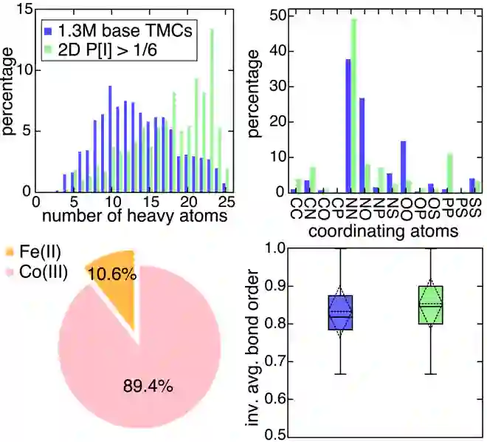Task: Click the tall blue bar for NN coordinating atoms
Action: pyautogui.click(x=348, y=126)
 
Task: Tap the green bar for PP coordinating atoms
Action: pyautogui.click(x=450, y=174)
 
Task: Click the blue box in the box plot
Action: pyautogui.click(x=341, y=313)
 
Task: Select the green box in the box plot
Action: pyautogui.click(x=430, y=305)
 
